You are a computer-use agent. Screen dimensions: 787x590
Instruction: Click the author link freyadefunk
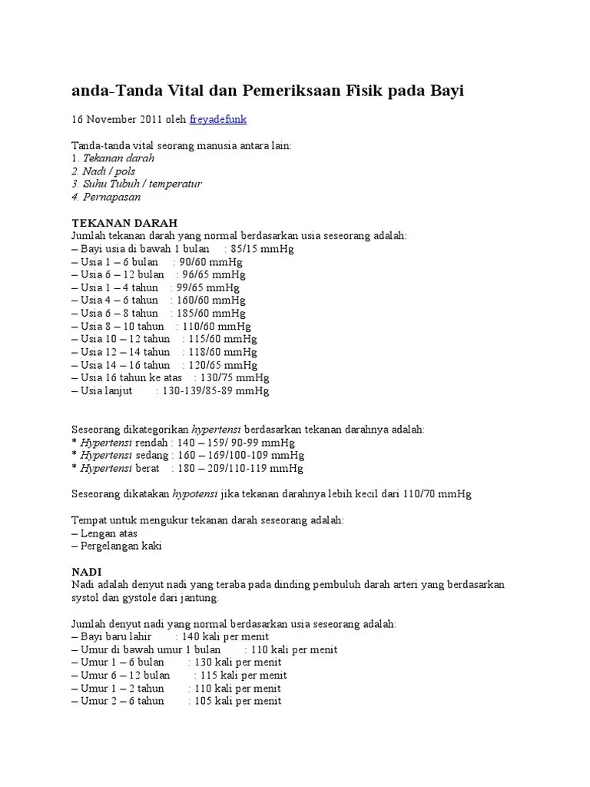pos(218,121)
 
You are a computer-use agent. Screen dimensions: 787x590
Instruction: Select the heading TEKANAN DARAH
pos(124,222)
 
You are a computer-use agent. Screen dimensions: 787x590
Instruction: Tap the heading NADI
pos(87,573)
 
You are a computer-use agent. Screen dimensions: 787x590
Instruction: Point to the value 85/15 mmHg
pos(262,249)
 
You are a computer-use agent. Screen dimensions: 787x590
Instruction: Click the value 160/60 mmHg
pos(207,301)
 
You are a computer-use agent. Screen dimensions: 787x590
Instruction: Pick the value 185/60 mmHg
pos(207,314)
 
